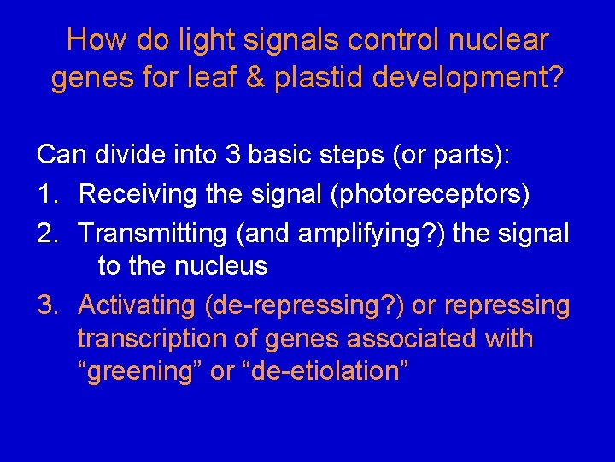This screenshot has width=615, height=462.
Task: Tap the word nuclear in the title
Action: pos(499,39)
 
